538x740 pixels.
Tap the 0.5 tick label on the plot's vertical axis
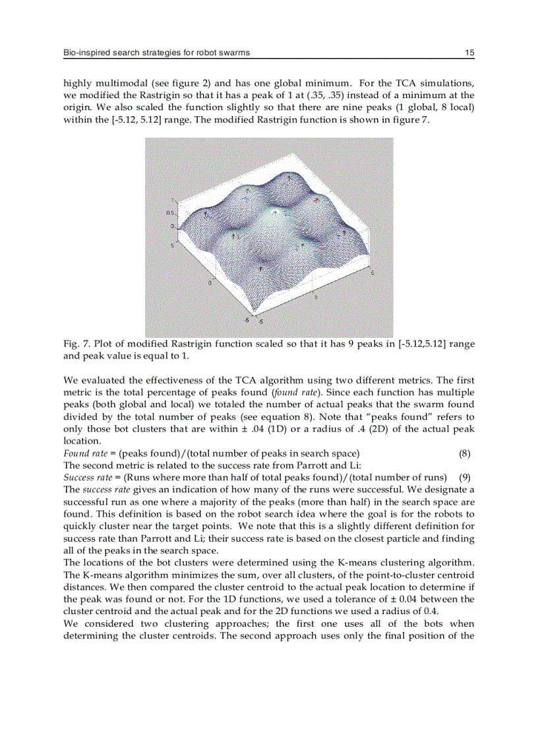click(x=169, y=213)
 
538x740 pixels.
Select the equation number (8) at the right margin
click(x=464, y=453)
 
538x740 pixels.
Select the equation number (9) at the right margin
click(x=464, y=477)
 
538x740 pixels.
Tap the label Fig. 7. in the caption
click(x=76, y=344)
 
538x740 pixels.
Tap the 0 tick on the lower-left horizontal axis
click(x=210, y=283)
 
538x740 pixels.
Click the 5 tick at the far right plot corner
click(x=373, y=271)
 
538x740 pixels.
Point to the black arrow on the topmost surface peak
click(x=288, y=178)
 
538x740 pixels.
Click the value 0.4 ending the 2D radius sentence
click(x=429, y=612)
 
